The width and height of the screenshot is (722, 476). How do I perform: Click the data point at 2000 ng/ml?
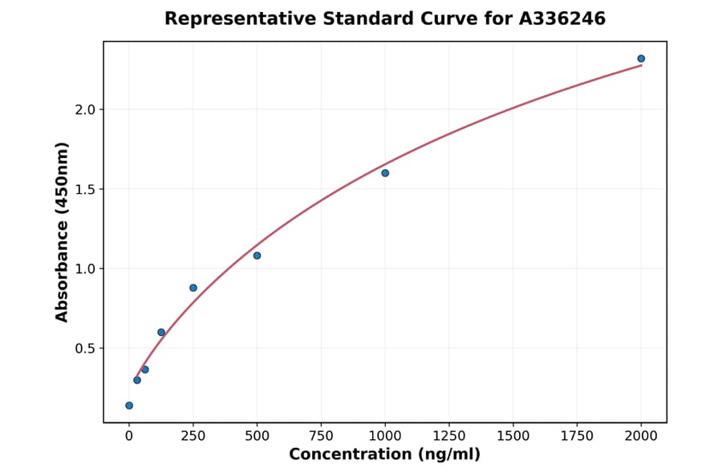(641, 58)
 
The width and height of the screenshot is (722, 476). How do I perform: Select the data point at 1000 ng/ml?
(385, 173)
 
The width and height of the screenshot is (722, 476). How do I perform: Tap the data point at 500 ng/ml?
(257, 256)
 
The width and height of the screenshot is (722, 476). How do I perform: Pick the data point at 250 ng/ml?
(193, 288)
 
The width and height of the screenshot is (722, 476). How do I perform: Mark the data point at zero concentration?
(129, 405)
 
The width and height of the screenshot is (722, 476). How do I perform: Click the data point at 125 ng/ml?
(161, 333)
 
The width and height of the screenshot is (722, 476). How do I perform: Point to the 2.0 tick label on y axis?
(86, 110)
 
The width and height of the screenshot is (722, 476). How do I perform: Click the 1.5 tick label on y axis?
(86, 189)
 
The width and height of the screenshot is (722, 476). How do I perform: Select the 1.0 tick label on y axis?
(86, 268)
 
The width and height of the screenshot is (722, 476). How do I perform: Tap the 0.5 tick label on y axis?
(86, 349)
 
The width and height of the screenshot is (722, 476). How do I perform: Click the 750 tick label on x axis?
(321, 436)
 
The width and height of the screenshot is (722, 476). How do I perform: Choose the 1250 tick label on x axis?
(449, 436)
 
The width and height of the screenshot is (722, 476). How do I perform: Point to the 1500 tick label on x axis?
(513, 436)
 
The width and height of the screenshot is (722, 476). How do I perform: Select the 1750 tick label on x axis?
(577, 436)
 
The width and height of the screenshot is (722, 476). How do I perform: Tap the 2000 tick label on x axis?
(641, 436)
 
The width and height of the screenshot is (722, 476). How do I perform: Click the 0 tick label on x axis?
(129, 436)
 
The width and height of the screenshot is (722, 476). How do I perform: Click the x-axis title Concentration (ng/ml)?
(384, 455)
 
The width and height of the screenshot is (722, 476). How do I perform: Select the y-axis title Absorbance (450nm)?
(63, 232)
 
